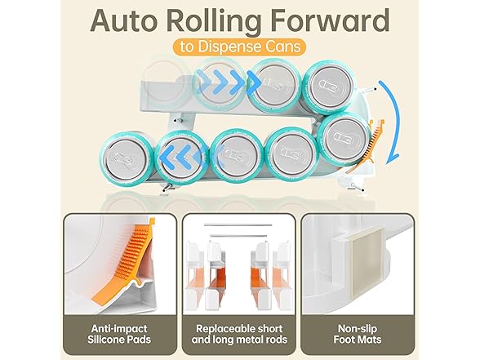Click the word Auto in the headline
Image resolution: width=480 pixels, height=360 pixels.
point(126,20)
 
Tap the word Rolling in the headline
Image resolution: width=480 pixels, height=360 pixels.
point(216,22)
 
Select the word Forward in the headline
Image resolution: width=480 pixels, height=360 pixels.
point(330,20)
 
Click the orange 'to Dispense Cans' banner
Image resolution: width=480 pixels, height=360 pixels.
point(239,47)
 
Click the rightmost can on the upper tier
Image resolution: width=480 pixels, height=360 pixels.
point(329,88)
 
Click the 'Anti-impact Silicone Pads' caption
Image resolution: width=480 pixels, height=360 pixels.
point(119,334)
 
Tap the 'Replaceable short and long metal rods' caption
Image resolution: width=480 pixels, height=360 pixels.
point(239,334)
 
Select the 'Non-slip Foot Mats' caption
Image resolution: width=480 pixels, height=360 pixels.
point(358,334)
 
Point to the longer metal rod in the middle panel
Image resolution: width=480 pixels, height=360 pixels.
point(238,225)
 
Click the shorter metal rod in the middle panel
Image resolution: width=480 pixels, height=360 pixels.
point(238,236)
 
